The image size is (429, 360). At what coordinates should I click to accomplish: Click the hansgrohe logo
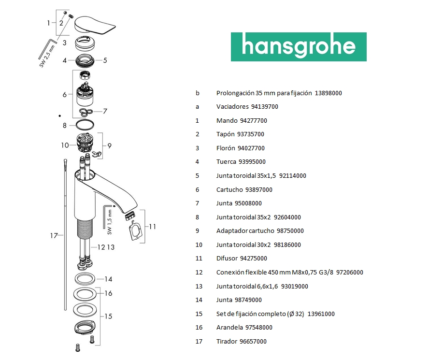click(298, 47)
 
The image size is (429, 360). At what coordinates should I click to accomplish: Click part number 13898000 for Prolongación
click(329, 93)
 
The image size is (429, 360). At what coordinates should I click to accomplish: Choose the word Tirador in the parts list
click(227, 341)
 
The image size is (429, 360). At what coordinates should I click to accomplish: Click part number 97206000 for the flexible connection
click(350, 272)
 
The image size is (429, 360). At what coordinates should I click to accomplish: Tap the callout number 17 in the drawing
click(54, 236)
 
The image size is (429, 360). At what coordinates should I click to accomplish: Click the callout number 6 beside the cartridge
click(64, 95)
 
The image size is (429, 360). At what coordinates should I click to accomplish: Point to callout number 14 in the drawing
click(109, 279)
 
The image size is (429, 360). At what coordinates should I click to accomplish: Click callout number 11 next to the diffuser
click(153, 226)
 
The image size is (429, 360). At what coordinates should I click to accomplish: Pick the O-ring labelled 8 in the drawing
click(87, 125)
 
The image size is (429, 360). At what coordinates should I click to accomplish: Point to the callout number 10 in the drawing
click(65, 145)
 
